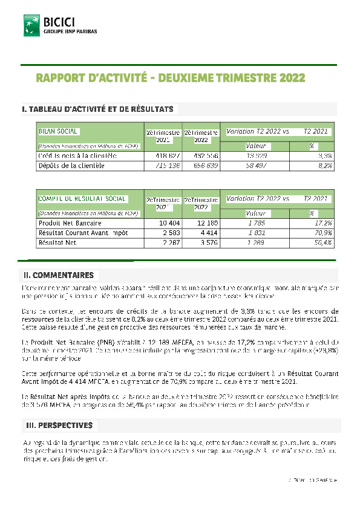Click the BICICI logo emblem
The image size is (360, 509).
coord(31,25)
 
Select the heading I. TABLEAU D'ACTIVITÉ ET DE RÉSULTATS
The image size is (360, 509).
coord(98,109)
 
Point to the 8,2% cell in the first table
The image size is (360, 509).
coord(325,165)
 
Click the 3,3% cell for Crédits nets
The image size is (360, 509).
coord(325,155)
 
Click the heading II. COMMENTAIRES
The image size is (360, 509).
coord(58,275)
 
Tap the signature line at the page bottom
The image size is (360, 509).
coord(312,479)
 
